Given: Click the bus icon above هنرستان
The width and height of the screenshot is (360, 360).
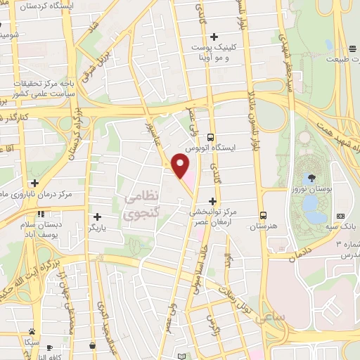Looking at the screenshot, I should (x=263, y=215).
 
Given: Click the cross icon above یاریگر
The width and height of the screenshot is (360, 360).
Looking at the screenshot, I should (x=97, y=217).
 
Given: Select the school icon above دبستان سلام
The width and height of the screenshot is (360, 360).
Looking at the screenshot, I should (x=41, y=213).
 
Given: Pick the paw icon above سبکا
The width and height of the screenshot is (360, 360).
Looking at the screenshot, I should (x=32, y=330).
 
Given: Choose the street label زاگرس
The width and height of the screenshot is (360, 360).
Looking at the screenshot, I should (x=211, y=320).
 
